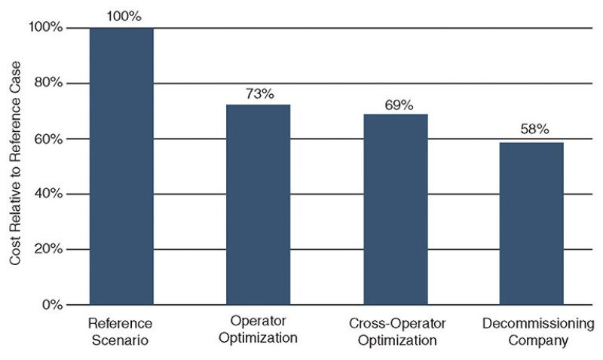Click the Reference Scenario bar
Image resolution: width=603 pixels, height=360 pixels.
click(x=121, y=166)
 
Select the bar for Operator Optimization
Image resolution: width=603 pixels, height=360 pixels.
click(x=259, y=204)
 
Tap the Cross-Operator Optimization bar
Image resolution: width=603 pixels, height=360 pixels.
click(x=396, y=209)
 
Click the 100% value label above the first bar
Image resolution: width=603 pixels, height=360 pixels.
click(x=121, y=15)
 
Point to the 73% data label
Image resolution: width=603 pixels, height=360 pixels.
click(x=259, y=93)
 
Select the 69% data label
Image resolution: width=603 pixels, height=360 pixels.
click(x=396, y=105)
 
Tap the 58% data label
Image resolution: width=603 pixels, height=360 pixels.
click(x=532, y=129)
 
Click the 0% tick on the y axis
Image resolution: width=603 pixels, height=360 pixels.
click(x=50, y=305)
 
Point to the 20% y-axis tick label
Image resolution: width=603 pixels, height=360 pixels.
click(x=47, y=249)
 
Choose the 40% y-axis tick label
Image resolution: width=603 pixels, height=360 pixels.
click(x=47, y=194)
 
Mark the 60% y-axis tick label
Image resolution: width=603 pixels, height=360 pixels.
click(x=47, y=139)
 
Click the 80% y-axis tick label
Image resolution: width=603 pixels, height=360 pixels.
click(x=47, y=83)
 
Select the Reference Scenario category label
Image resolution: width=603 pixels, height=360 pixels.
click(x=121, y=331)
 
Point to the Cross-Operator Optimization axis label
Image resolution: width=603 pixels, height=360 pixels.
click(x=396, y=331)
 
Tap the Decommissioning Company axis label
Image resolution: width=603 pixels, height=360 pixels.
click(x=532, y=331)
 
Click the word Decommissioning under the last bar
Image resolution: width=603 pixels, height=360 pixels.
click(x=532, y=323)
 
